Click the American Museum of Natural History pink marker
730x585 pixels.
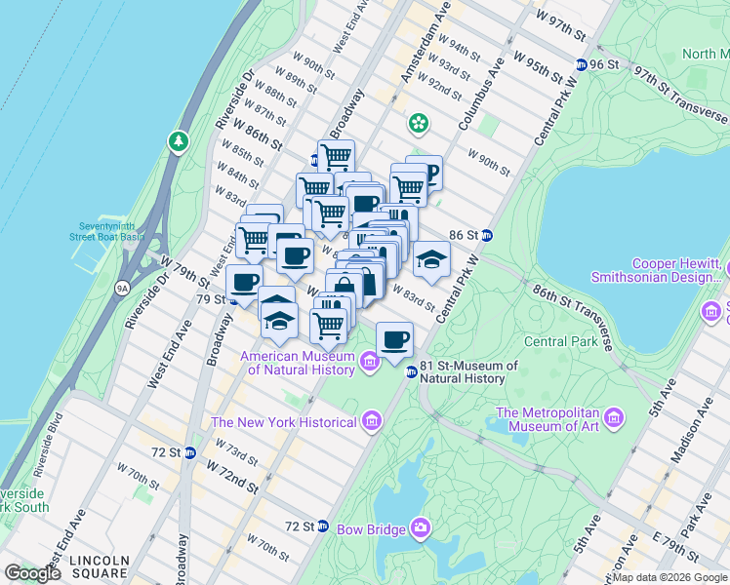(369, 363)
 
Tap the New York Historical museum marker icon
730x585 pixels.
(371, 421)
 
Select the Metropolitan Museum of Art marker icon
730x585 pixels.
(614, 418)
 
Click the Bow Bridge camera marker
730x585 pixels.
(421, 527)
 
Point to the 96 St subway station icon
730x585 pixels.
(583, 64)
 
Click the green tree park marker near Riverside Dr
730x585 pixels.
(179, 142)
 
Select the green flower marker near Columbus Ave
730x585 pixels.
(419, 123)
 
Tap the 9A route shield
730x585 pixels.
(122, 288)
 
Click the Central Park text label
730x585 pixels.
(559, 341)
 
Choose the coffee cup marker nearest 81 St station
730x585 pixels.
(394, 339)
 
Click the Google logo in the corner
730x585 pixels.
(33, 572)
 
